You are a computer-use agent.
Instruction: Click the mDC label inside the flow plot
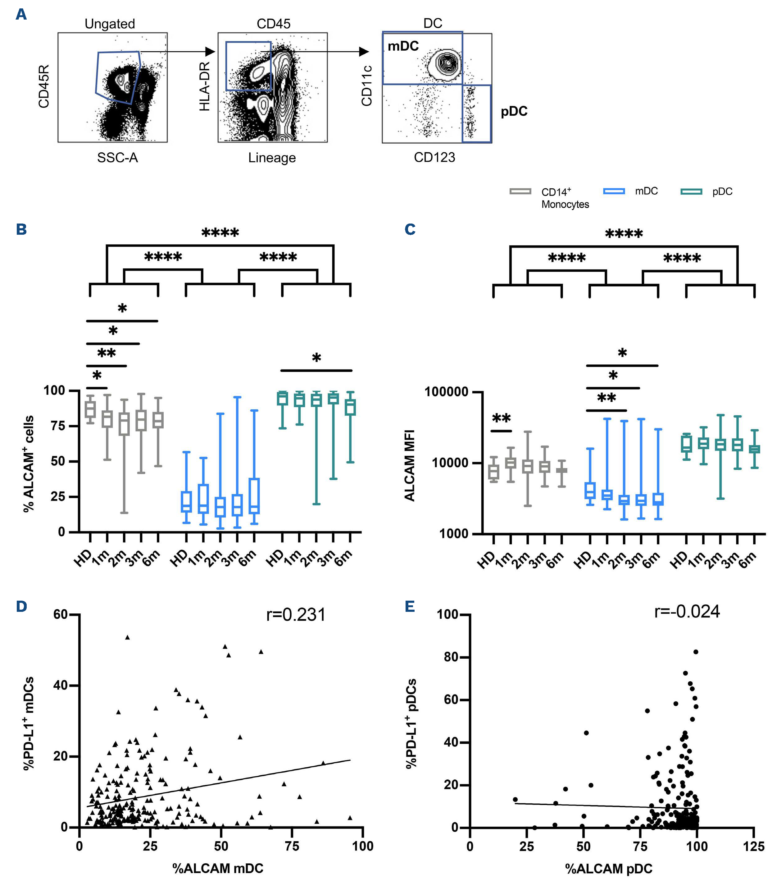403,46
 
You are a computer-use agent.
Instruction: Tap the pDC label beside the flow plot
514,111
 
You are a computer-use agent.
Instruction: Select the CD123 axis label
434,157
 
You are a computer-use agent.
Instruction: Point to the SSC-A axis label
117,158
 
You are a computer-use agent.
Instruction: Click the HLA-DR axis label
205,86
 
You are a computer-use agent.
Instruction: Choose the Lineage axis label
272,158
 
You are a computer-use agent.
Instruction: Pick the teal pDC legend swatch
691,192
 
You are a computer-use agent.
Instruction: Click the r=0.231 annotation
296,615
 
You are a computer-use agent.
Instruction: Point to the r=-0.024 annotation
687,612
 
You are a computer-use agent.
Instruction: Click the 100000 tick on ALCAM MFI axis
446,392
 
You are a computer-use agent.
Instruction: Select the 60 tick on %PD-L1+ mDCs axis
61,615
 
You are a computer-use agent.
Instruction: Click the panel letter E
410,607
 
